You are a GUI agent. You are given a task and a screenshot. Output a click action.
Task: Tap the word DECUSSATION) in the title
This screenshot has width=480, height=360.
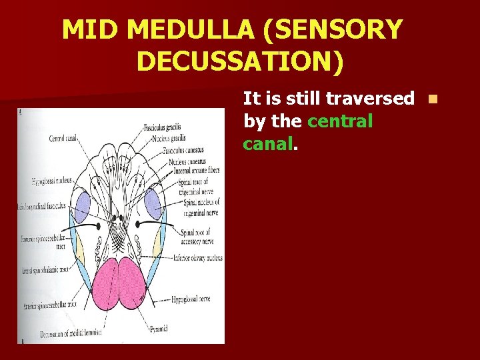coord(240,61)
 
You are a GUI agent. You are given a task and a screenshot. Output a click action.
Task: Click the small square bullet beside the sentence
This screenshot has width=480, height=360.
coord(433,99)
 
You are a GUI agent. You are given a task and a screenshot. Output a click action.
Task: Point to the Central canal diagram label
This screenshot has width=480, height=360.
coord(63,139)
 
